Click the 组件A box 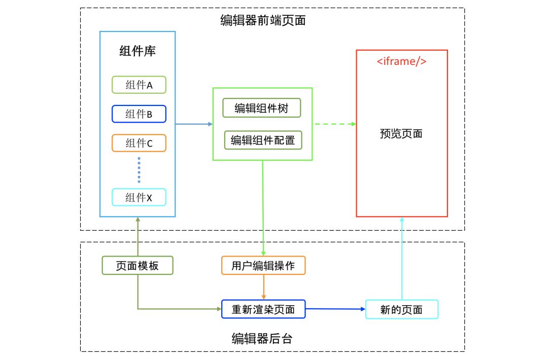pos(139,85)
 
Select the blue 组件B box pos(139,114)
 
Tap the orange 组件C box pos(139,143)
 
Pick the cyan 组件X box pos(139,197)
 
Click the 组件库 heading pos(137,52)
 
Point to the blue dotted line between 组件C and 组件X pos(139,170)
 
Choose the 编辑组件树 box pos(261,108)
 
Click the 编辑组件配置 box pos(263,140)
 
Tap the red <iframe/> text pos(401,62)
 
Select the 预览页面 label pos(401,134)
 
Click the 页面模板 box pos(138,265)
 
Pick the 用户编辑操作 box pos(263,266)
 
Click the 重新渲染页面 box pos(263,309)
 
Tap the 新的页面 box pos(401,309)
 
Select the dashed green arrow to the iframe pos(334,124)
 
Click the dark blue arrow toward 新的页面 pos(335,309)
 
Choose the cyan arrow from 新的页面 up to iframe pos(401,259)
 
